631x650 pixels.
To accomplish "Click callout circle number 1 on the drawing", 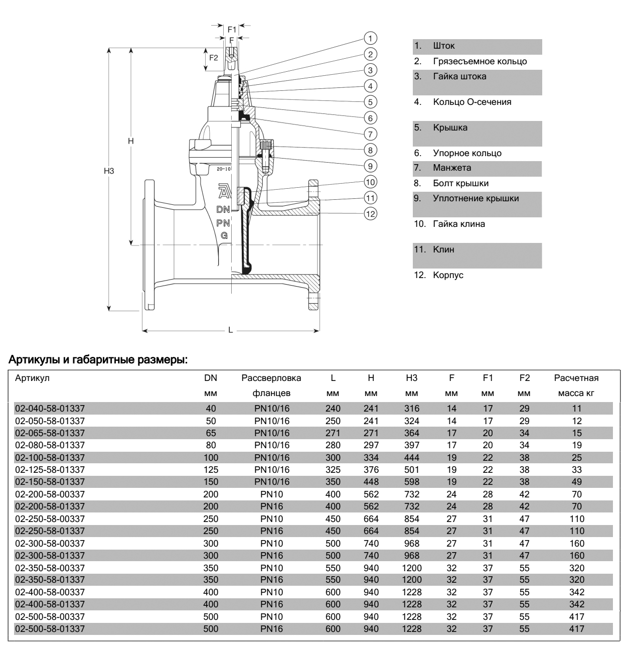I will click(x=370, y=38).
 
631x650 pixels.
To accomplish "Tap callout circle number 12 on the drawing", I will click(x=370, y=213).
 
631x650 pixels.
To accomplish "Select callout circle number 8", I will click(x=370, y=150).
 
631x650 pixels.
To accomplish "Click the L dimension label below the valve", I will click(x=231, y=330).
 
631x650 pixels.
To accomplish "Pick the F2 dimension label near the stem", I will click(x=214, y=58).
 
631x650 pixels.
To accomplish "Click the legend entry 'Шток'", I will click(x=444, y=46).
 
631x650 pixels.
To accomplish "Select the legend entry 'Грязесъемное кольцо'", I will click(x=480, y=62).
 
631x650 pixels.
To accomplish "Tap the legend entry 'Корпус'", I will click(x=448, y=276).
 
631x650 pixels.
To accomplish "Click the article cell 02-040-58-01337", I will click(x=50, y=409).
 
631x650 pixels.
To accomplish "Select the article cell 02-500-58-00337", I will click(x=50, y=616).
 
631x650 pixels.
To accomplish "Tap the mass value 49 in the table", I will click(x=576, y=482).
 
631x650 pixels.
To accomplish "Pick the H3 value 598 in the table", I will click(x=412, y=482).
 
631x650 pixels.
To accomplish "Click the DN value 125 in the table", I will click(x=211, y=470).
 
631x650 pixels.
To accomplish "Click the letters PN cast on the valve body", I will click(x=223, y=222).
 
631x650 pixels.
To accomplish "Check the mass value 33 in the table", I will click(x=576, y=470).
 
